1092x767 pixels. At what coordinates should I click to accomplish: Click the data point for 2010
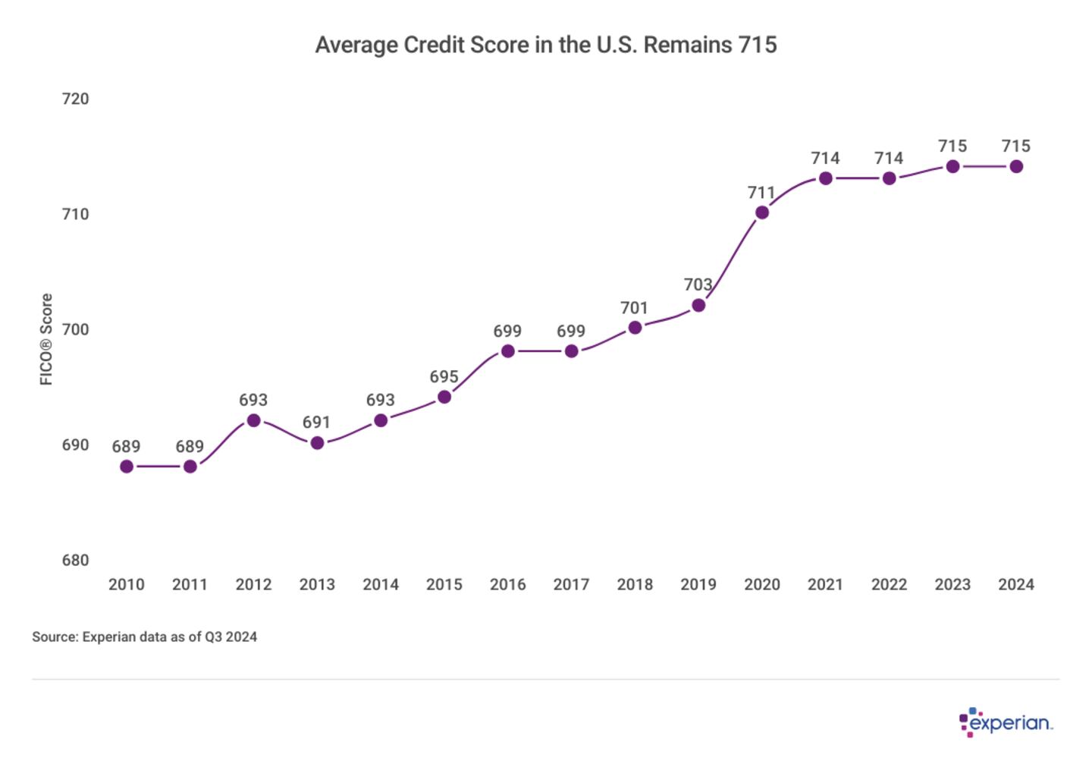127,467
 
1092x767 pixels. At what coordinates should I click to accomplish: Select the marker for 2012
254,420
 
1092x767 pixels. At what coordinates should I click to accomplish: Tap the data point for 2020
762,212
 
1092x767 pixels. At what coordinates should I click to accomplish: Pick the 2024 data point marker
1016,166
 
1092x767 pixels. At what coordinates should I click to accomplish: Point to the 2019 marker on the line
698,305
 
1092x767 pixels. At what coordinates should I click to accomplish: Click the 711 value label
761,193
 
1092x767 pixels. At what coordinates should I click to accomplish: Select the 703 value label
698,284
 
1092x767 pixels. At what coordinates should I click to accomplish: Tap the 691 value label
317,423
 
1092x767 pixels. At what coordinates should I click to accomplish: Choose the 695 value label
444,377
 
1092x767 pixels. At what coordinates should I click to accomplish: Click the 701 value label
634,308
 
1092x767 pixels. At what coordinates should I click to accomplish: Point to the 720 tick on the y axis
75,99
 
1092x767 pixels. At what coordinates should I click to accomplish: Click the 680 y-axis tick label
75,560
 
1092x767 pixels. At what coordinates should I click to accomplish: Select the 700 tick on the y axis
75,329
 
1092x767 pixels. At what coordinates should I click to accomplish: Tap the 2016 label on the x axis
507,584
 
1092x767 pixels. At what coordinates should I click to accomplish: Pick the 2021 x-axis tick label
825,584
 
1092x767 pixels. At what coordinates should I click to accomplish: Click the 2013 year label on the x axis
317,584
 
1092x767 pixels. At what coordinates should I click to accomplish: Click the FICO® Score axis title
46,339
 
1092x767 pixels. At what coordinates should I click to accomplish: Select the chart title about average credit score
546,45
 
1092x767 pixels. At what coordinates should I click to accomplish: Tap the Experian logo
1006,722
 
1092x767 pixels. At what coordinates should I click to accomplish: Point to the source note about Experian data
144,637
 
